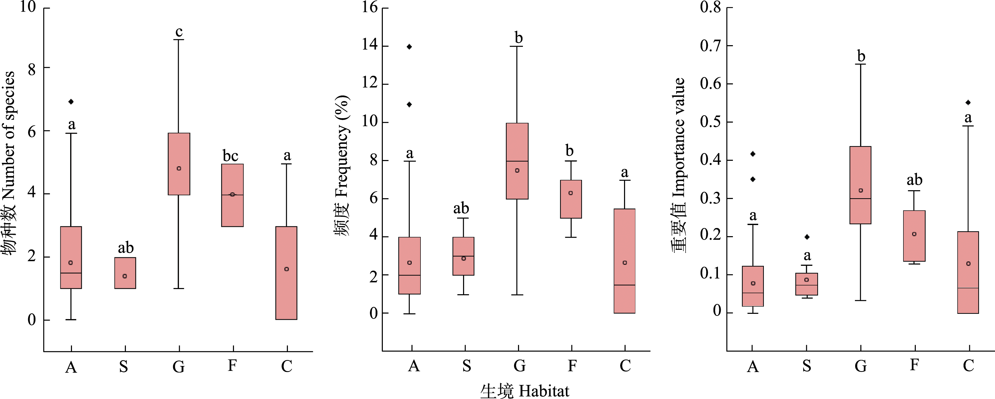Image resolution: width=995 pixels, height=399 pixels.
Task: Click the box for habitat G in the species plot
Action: pyautogui.click(x=179, y=164)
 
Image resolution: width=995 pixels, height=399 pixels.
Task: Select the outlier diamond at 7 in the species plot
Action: pyautogui.click(x=71, y=102)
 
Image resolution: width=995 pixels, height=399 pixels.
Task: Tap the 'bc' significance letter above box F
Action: pyautogui.click(x=231, y=156)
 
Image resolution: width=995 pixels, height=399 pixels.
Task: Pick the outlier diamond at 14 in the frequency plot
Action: pyautogui.click(x=409, y=47)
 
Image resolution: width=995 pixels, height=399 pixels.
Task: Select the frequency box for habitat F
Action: pyautogui.click(x=571, y=199)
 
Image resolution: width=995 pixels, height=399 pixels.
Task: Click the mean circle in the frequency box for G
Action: pyautogui.click(x=517, y=170)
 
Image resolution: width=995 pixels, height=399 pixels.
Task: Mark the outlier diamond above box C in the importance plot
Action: pyautogui.click(x=968, y=102)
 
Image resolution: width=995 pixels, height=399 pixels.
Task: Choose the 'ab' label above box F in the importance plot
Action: pyautogui.click(x=914, y=180)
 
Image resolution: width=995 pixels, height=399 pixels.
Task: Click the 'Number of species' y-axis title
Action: pyautogui.click(x=9, y=162)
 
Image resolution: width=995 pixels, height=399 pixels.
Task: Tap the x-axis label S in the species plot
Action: pyautogui.click(x=123, y=366)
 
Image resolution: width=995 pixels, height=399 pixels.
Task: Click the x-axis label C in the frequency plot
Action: pyautogui.click(x=625, y=365)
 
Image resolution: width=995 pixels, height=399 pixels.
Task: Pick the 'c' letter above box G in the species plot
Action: pyautogui.click(x=179, y=32)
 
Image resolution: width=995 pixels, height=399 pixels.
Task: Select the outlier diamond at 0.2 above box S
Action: pyautogui.click(x=807, y=237)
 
